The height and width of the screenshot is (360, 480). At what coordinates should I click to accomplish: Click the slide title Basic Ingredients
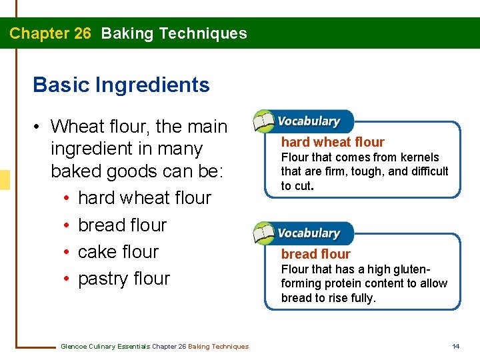[121, 85]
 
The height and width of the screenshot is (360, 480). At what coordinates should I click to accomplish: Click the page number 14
[456, 346]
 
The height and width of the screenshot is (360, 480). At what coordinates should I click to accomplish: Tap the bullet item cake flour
[118, 251]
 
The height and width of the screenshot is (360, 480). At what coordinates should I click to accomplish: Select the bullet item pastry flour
[124, 278]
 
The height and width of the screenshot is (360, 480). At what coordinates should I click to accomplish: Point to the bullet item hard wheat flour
[144, 198]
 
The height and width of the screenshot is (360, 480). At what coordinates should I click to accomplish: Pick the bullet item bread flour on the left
[122, 225]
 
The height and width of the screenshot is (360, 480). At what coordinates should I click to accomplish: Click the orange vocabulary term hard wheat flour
[333, 142]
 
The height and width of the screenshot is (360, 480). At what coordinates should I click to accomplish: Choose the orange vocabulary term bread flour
[315, 254]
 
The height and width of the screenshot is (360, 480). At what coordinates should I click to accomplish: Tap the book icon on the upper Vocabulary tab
[265, 122]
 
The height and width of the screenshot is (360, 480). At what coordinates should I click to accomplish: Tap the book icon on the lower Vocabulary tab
[265, 234]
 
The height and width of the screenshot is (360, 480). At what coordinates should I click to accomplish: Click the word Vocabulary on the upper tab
[308, 121]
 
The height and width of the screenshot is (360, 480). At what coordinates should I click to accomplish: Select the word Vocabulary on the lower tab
[308, 233]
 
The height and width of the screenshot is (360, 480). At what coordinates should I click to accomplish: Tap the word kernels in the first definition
[420, 157]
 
